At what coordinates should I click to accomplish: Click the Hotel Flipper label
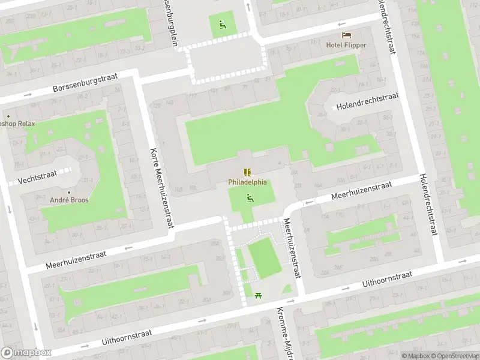click(x=346, y=45)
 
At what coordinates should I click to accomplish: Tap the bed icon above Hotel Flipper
click(x=346, y=35)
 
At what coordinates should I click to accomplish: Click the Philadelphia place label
click(x=247, y=182)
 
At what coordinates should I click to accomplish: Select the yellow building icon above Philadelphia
click(x=247, y=172)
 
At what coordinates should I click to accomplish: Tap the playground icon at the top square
click(x=223, y=25)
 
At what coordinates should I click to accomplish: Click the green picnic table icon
click(x=259, y=295)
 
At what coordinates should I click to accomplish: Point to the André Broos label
click(x=69, y=199)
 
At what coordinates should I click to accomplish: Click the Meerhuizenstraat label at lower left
click(x=76, y=260)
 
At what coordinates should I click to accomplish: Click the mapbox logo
click(x=26, y=353)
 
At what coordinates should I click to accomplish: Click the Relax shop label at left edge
click(x=18, y=124)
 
